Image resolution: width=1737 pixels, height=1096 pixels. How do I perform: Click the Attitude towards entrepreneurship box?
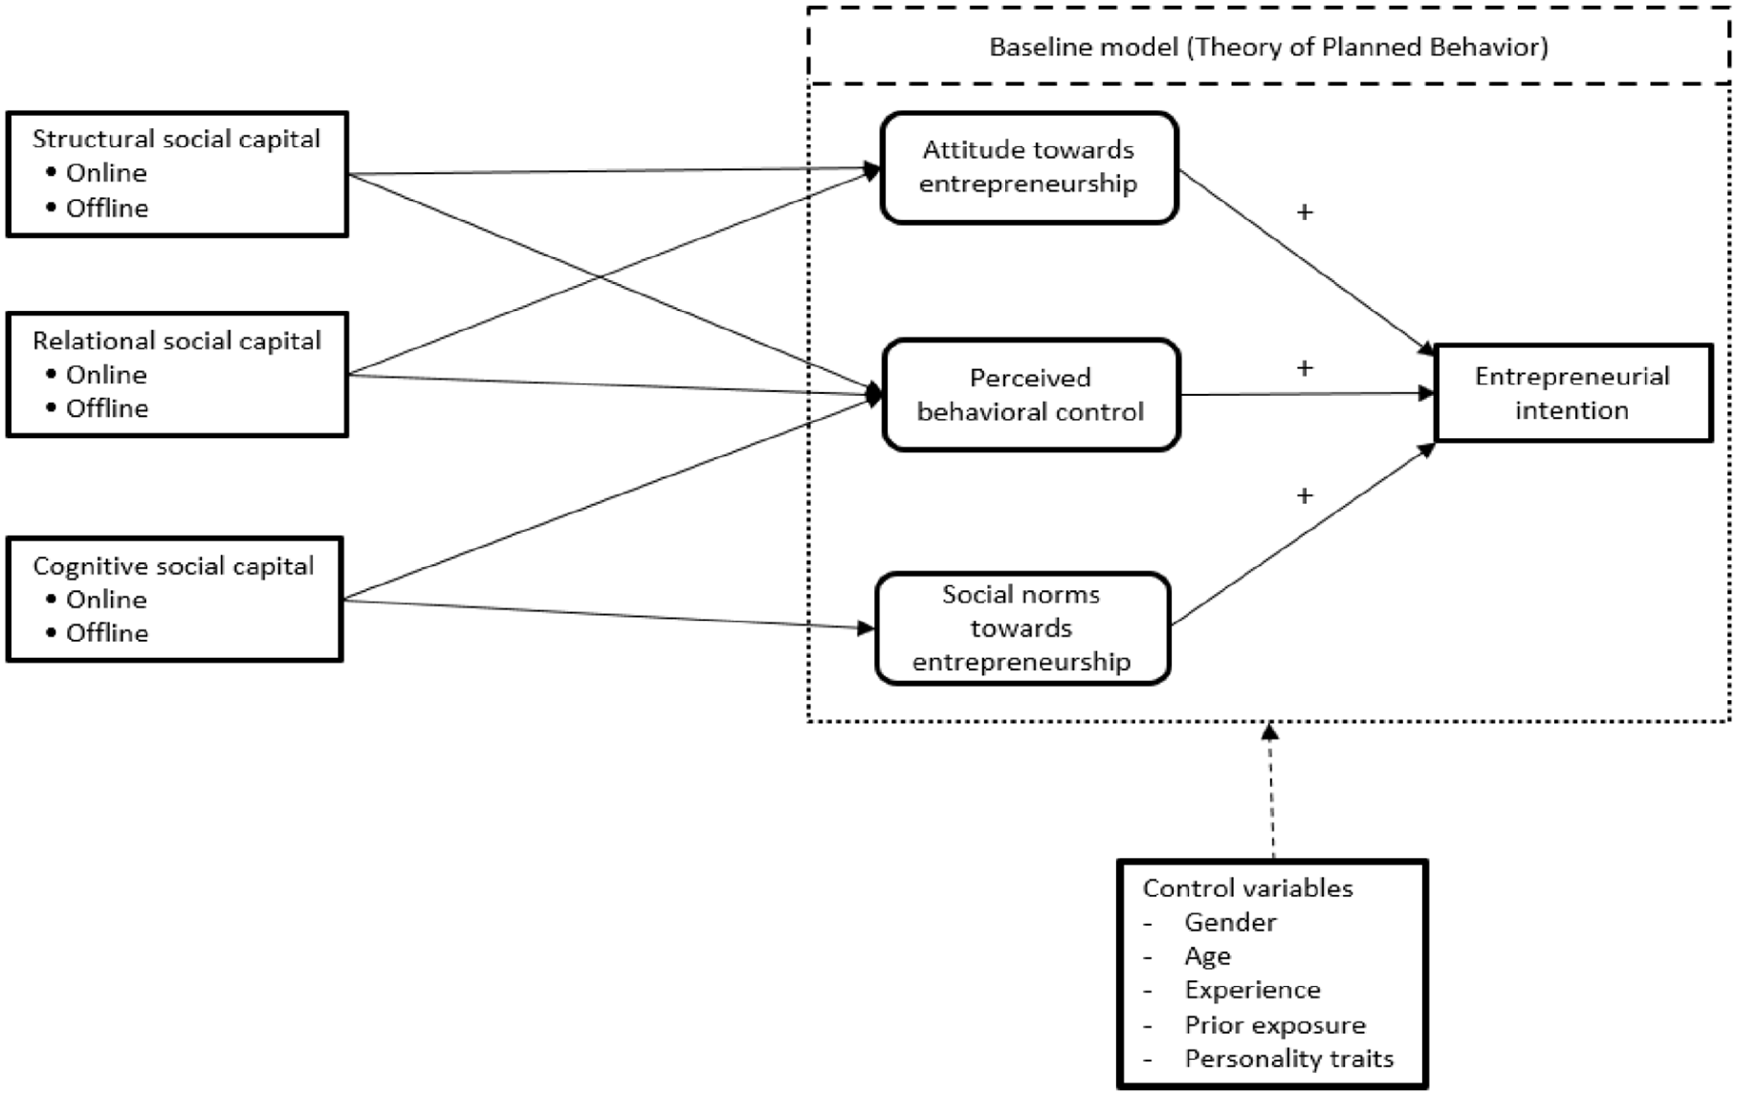[1029, 167]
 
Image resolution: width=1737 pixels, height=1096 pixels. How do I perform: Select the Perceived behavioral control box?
[1031, 394]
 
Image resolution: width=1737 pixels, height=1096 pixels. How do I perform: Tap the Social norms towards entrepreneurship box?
[1022, 628]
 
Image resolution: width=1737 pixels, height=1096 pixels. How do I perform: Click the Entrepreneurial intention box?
[1573, 393]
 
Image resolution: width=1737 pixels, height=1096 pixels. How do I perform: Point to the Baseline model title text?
[1268, 47]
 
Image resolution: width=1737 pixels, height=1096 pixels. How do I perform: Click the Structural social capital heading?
[176, 139]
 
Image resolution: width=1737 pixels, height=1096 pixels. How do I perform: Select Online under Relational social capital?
[106, 374]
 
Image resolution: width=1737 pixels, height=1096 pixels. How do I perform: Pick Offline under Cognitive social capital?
[107, 632]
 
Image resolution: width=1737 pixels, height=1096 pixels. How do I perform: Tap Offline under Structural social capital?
[107, 208]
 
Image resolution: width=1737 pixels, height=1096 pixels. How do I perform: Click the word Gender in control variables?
[1230, 922]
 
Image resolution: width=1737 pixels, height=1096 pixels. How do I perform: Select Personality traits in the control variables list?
[1289, 1059]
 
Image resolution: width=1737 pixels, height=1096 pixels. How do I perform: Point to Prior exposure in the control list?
[1275, 1024]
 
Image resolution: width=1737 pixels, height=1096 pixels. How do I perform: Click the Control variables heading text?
[1247, 888]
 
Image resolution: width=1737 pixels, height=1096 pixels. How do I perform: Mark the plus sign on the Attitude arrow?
[1305, 212]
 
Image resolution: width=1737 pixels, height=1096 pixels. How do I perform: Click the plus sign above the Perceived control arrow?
[1305, 368]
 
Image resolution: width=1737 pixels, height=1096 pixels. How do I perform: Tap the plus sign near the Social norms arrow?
[1305, 495]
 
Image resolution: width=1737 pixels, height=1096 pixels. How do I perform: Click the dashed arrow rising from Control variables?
[1270, 791]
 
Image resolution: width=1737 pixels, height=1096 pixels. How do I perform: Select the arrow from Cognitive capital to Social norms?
[608, 614]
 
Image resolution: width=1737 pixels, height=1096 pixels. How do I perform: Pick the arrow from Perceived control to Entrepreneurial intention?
[1308, 394]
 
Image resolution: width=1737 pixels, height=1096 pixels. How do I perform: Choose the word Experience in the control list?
[1252, 990]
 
